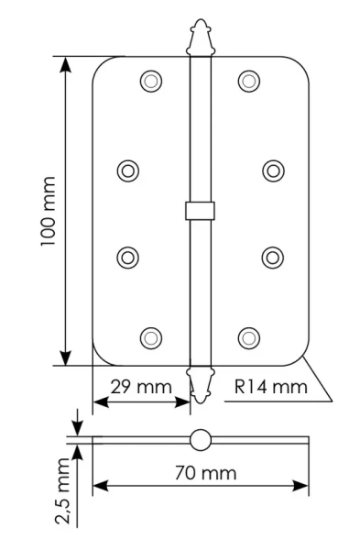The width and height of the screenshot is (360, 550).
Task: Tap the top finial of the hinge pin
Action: point(199,38)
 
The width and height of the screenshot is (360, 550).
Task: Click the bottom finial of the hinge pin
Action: point(199,384)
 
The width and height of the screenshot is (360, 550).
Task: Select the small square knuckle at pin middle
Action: point(199,211)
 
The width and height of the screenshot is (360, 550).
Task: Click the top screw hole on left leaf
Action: point(150,81)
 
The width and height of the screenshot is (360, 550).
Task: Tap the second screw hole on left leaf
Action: point(128,170)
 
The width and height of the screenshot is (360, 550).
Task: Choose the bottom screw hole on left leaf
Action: point(150,338)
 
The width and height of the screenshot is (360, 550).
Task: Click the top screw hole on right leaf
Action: point(248,81)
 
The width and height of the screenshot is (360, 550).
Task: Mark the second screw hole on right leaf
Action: point(272,170)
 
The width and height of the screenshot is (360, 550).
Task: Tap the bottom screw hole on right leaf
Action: point(248,338)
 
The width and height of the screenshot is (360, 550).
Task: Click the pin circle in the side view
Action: point(199,439)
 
